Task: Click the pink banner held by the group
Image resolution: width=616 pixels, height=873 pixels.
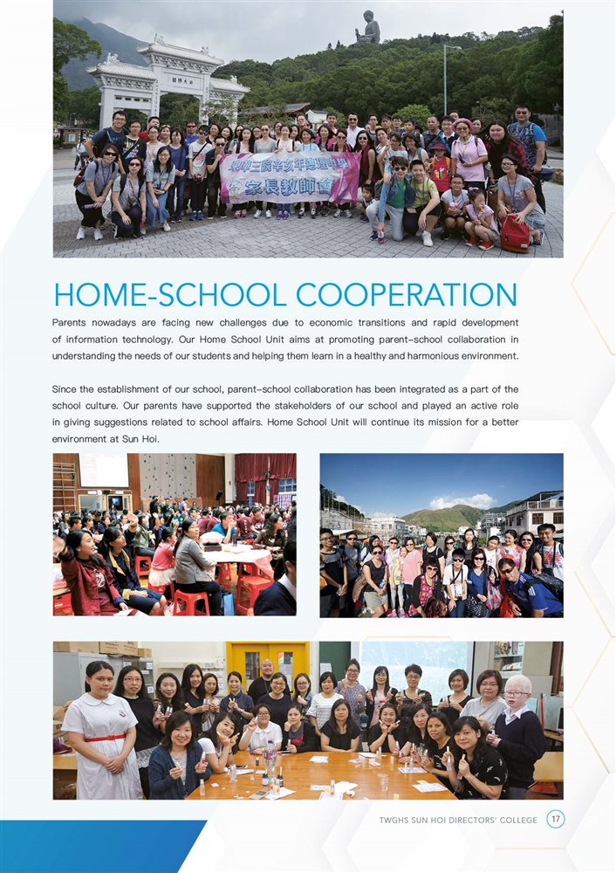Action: click(288, 177)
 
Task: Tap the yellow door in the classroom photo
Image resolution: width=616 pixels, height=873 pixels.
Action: click(261, 667)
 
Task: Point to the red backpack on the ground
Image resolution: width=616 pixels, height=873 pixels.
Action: click(515, 233)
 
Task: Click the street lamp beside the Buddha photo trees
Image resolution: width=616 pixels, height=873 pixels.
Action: click(445, 79)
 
